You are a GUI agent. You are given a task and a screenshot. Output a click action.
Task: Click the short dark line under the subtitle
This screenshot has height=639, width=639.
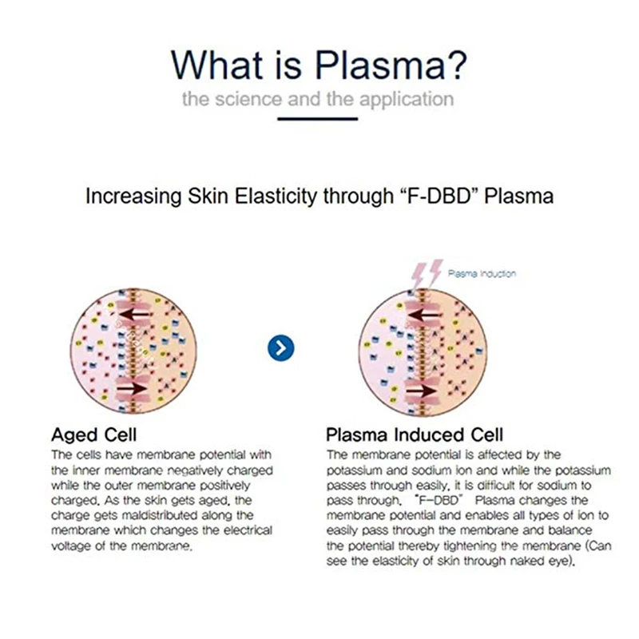(319, 118)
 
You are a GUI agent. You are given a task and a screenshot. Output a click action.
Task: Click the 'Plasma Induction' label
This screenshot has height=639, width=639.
(481, 274)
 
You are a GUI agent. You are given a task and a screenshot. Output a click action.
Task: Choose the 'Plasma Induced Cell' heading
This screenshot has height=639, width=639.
(415, 435)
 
